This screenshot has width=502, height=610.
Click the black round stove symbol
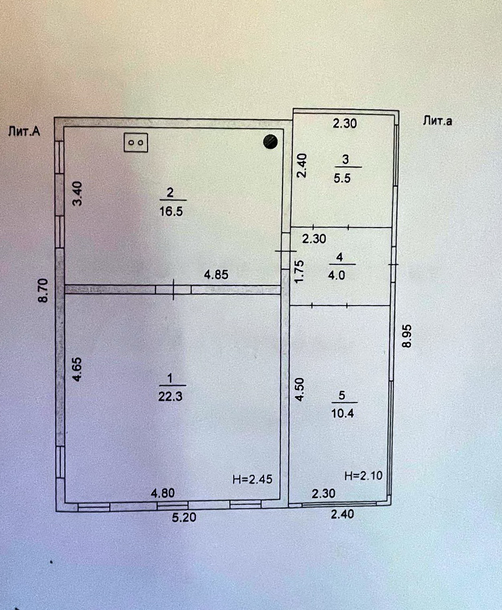[270, 141]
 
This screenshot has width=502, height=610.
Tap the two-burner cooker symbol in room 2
[136, 142]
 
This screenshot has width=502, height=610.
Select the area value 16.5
[171, 211]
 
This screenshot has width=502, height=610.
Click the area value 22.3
[170, 396]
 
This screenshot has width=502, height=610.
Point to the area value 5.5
[342, 178]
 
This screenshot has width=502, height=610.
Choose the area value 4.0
[336, 275]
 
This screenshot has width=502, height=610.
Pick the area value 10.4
[342, 413]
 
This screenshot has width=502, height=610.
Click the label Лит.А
[24, 131]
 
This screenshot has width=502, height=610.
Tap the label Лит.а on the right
[437, 121]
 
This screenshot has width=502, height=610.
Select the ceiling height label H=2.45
[252, 479]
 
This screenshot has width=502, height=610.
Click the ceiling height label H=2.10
[363, 476]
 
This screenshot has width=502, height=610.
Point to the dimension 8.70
[43, 290]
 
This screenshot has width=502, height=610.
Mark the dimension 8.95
[407, 336]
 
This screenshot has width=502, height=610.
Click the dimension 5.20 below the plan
[184, 517]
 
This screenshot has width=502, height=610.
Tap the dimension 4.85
[216, 274]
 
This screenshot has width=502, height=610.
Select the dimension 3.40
[77, 194]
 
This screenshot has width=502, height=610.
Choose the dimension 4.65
[77, 369]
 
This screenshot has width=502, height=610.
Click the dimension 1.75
[300, 272]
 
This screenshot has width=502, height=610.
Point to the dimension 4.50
[300, 389]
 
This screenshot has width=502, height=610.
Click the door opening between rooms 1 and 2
[173, 289]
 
